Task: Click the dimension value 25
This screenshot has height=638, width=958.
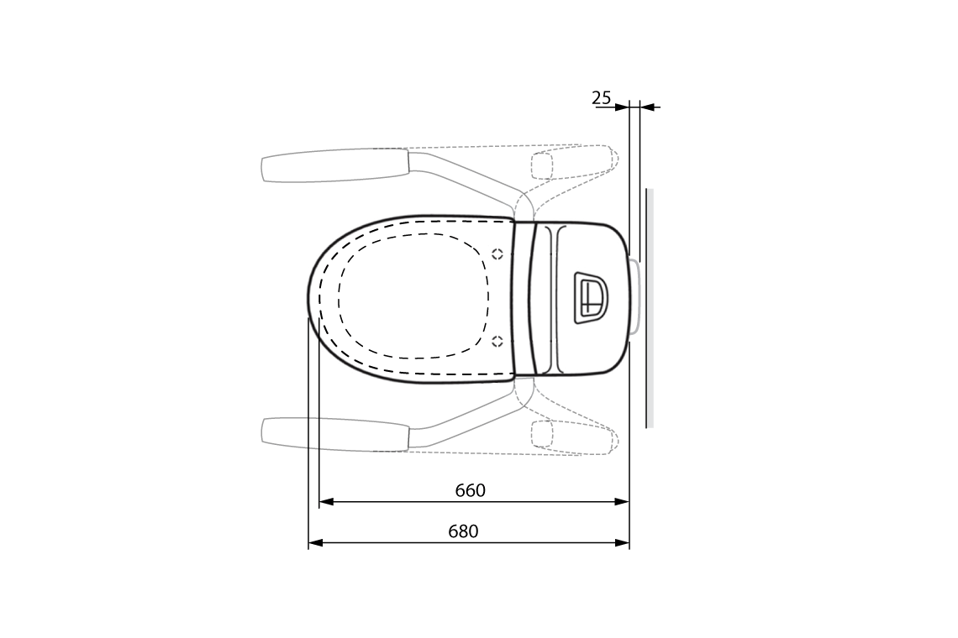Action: click(602, 97)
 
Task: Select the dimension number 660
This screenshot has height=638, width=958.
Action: click(471, 490)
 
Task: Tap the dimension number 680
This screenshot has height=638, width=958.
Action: click(463, 531)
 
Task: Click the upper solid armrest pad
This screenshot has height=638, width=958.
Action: click(334, 165)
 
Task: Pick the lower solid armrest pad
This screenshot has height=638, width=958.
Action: click(334, 432)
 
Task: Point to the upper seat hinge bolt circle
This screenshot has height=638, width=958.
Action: click(497, 254)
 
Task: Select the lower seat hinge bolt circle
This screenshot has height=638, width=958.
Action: click(497, 341)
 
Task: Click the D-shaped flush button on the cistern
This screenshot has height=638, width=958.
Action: click(591, 297)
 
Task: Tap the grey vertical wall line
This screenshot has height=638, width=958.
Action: click(649, 308)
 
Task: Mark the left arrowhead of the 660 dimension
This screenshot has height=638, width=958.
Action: click(326, 502)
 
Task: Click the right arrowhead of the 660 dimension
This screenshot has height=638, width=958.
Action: click(622, 502)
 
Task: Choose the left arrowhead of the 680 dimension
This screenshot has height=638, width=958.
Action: click(315, 543)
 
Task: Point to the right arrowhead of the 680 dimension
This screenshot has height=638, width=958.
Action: click(622, 543)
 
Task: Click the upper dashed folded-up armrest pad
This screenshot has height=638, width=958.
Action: click(542, 165)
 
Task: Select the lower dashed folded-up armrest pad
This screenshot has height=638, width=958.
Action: click(542, 433)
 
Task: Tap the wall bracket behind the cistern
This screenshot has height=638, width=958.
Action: click(636, 297)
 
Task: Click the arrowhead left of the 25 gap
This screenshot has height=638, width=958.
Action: click(622, 107)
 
